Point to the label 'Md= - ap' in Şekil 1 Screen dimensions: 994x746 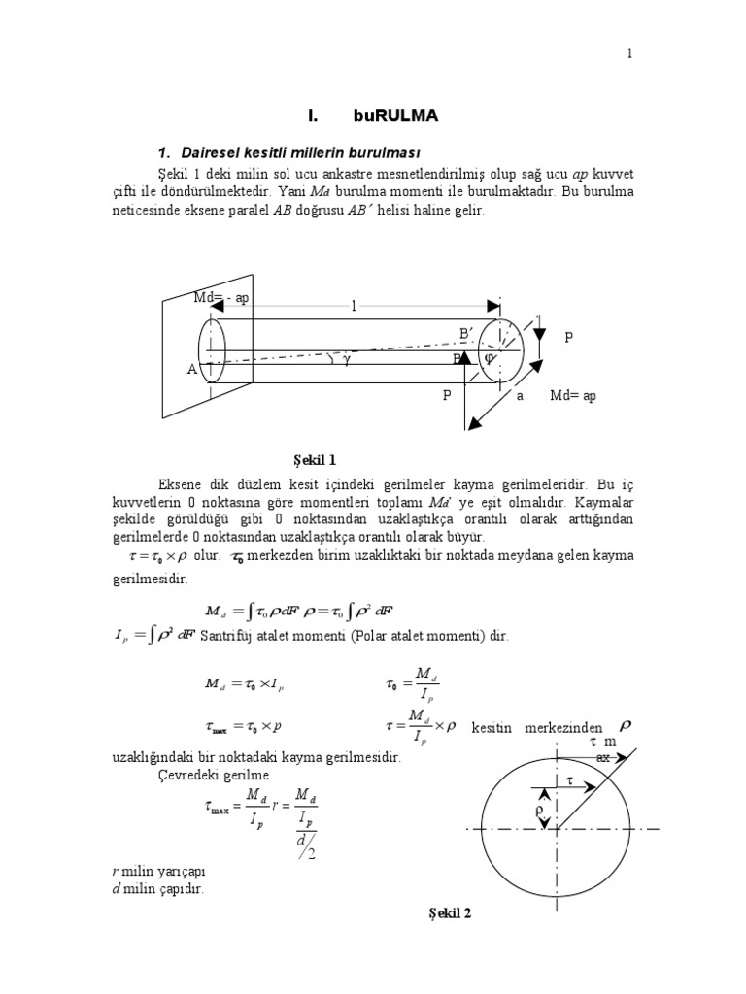point(222,297)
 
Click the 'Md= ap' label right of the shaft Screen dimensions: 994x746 point(573,396)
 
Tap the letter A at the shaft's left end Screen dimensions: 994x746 point(191,370)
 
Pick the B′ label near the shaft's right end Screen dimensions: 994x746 point(466,334)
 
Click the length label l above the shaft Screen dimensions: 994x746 point(355,306)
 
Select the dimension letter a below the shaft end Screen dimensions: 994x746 point(520,396)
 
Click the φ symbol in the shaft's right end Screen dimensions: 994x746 point(490,357)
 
